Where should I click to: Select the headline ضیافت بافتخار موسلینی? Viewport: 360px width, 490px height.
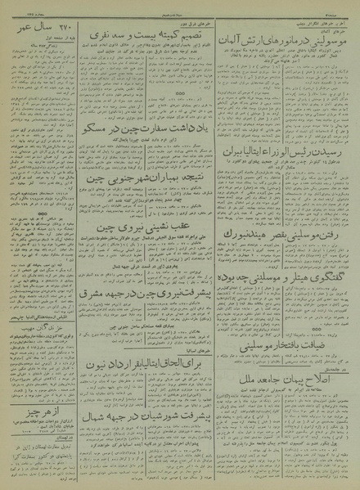point(284,347)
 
